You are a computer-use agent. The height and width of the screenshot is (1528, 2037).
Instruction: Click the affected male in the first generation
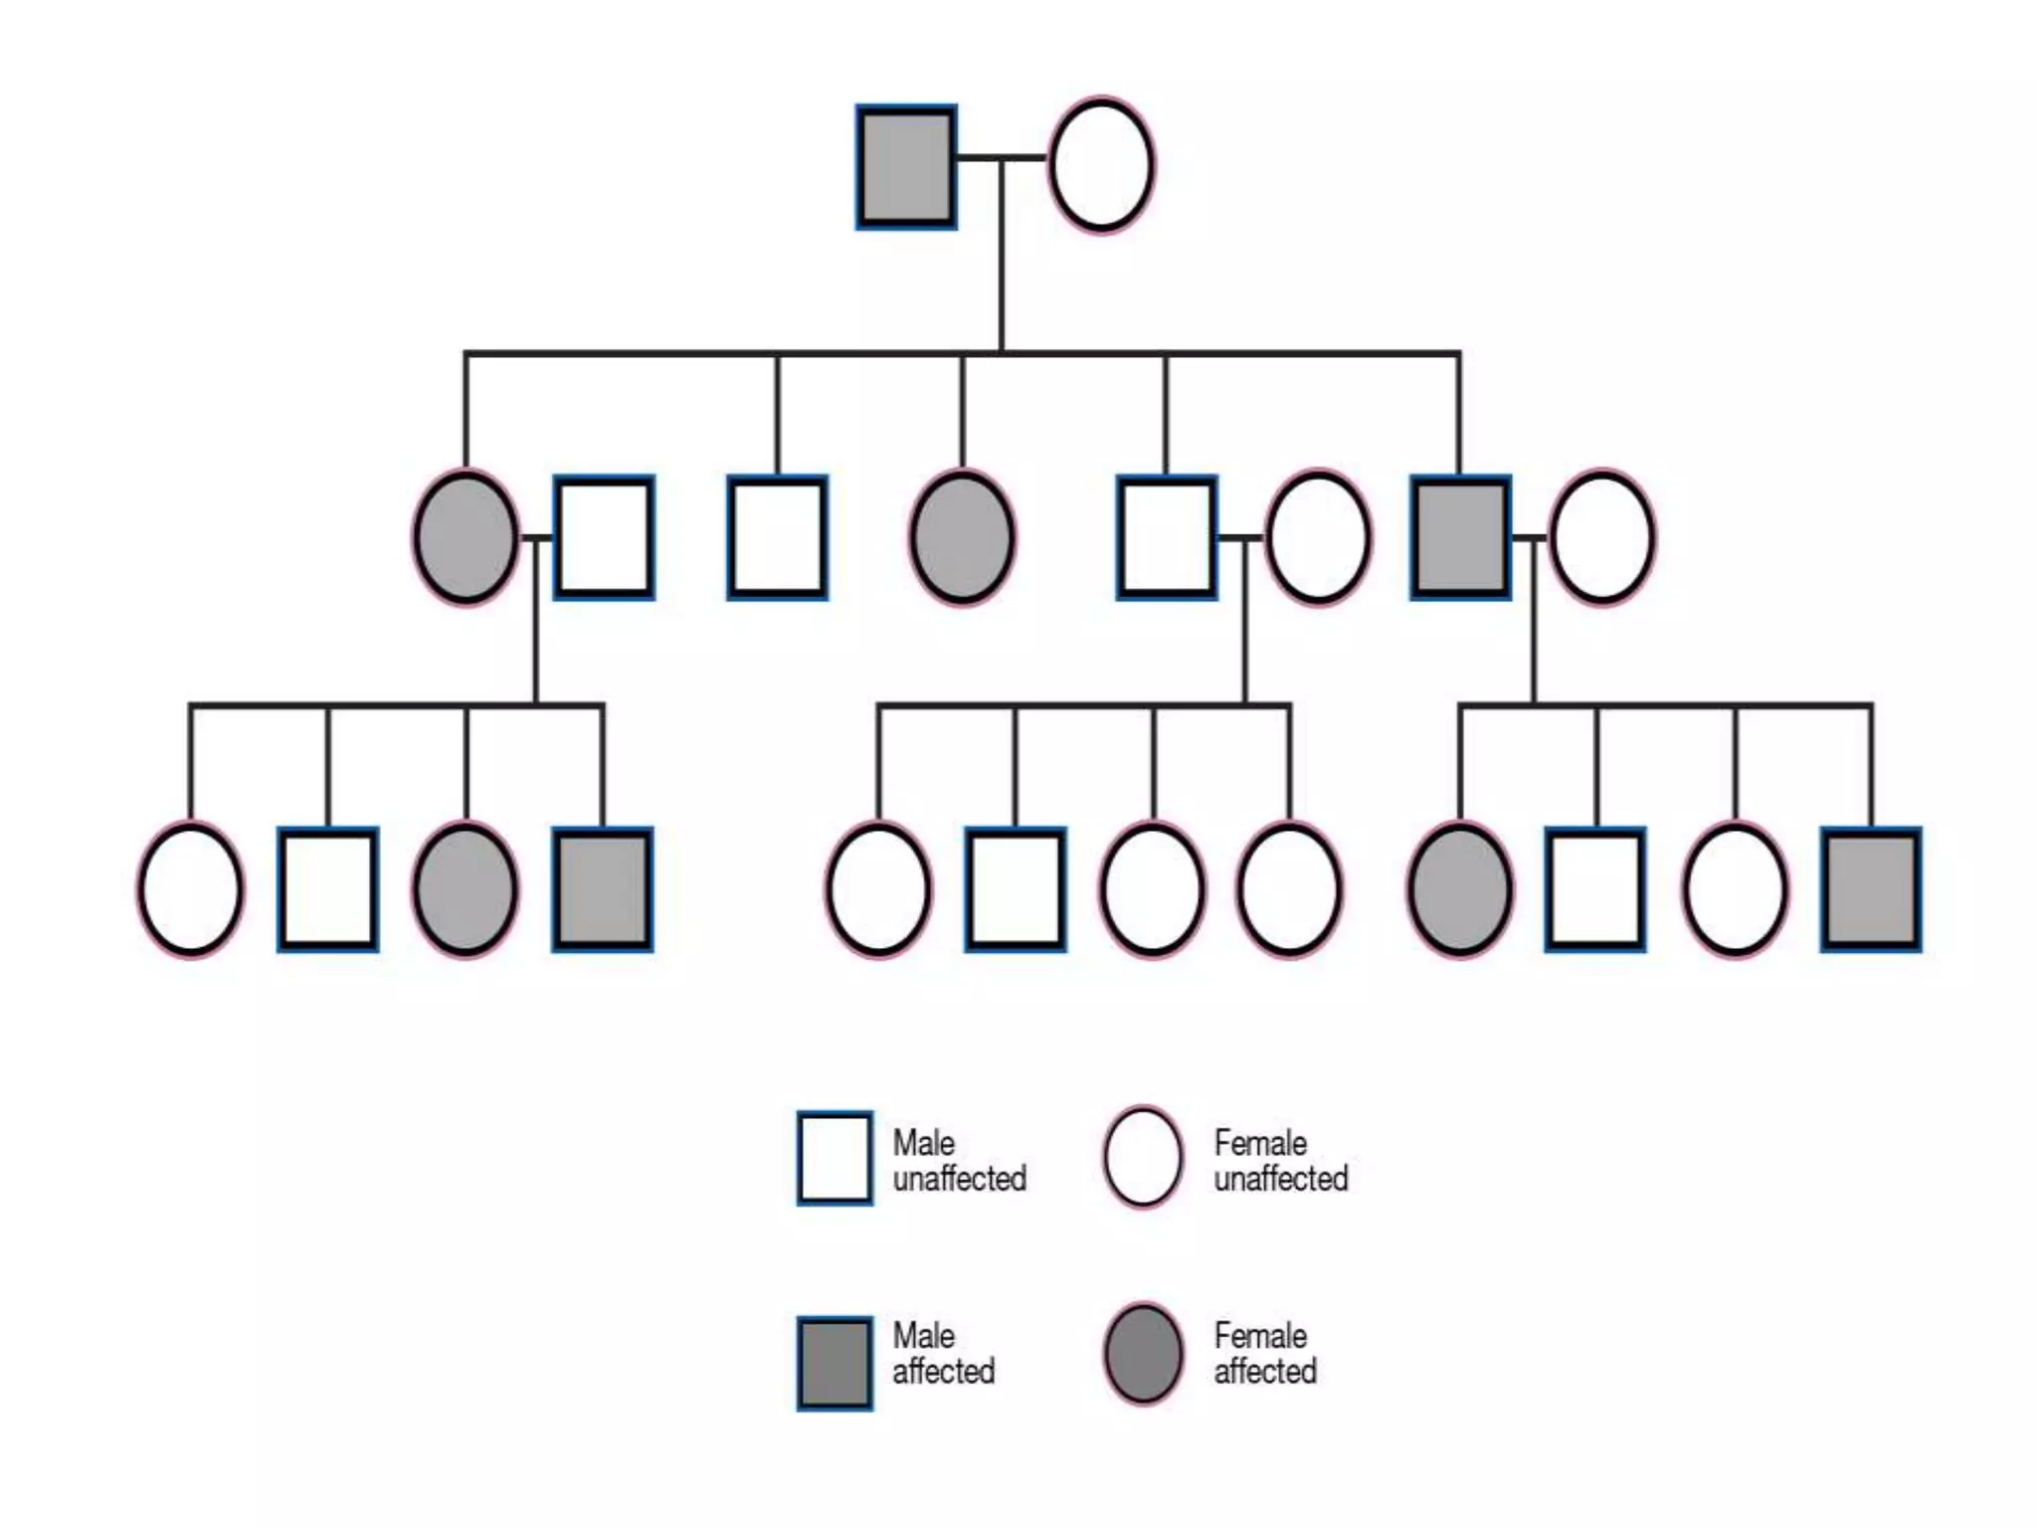906,167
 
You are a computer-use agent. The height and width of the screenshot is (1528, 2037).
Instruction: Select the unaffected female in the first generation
1101,165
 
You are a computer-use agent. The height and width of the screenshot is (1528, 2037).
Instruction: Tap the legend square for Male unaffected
834,1158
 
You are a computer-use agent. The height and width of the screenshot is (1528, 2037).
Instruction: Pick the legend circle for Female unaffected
1143,1157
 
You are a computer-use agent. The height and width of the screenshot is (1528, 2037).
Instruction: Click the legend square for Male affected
834,1363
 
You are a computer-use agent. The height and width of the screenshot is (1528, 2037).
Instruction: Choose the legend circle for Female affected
1143,1353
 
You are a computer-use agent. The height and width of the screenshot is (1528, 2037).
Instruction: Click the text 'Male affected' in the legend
943,1353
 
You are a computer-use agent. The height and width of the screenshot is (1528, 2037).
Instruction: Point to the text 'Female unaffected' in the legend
1280,1160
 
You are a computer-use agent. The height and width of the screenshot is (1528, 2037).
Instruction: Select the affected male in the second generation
1460,538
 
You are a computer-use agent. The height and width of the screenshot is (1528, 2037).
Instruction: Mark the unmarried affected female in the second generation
962,538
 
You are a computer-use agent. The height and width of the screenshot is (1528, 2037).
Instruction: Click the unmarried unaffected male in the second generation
777,538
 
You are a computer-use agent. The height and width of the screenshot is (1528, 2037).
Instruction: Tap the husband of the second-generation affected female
604,538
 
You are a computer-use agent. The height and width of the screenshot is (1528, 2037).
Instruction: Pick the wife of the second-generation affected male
1602,538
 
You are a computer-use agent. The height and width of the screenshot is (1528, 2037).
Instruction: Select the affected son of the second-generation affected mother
603,889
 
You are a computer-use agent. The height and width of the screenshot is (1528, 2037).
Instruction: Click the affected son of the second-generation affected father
1871,889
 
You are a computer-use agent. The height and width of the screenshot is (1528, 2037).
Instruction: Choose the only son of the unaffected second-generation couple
1016,889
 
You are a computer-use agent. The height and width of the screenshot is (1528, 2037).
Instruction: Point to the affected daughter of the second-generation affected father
1460,889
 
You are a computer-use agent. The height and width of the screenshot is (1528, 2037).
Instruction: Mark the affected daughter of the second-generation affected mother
465,889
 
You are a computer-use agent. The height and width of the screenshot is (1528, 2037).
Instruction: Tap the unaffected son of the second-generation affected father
1595,889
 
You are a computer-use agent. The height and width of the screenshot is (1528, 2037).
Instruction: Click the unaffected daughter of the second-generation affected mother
190,889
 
